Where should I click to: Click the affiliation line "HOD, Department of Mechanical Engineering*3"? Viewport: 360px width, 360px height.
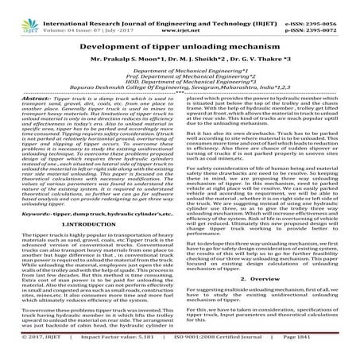(180, 87)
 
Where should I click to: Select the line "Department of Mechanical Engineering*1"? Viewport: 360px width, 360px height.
(180, 73)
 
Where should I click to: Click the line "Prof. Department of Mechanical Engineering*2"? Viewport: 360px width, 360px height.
(180, 80)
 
